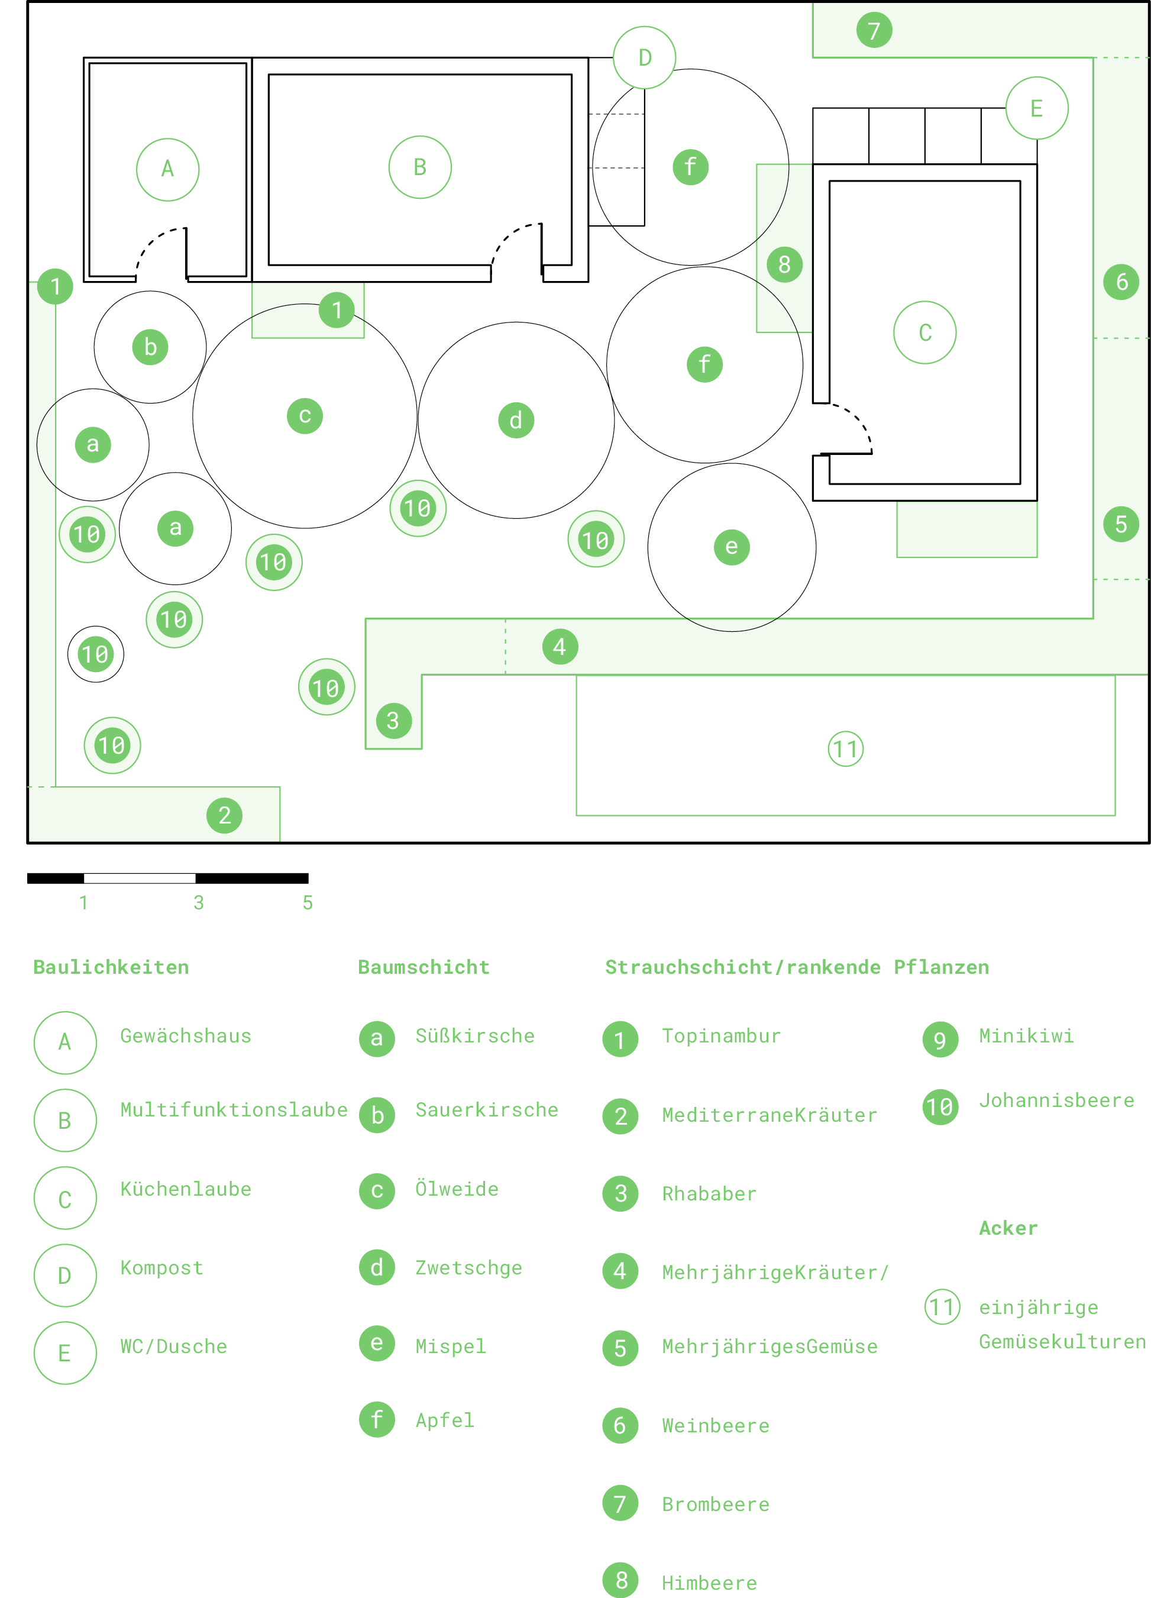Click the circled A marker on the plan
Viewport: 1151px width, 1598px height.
[167, 169]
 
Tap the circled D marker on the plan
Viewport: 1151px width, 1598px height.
[645, 58]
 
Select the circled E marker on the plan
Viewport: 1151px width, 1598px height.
[1037, 108]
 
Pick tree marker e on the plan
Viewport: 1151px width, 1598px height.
[732, 547]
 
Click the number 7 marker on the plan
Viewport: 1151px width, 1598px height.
[874, 30]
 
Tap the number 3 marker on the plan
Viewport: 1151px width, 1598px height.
[394, 720]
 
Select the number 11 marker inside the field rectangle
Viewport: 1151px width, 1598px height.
[845, 748]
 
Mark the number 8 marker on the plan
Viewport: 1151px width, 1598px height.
[785, 265]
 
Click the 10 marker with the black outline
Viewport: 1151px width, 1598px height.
[96, 654]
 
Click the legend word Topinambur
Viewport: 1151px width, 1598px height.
[722, 1036]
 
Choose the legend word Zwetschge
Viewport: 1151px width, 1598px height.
[468, 1267]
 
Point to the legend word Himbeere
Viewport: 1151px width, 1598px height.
[709, 1583]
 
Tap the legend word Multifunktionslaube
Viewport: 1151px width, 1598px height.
[234, 1110]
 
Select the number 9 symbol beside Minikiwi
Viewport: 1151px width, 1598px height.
[940, 1039]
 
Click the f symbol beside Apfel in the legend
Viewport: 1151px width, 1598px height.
[377, 1419]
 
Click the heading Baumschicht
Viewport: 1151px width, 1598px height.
[423, 967]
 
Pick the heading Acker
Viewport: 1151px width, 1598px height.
[1008, 1228]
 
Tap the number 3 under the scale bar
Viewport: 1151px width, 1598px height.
[199, 903]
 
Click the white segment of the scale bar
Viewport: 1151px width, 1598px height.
[140, 878]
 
